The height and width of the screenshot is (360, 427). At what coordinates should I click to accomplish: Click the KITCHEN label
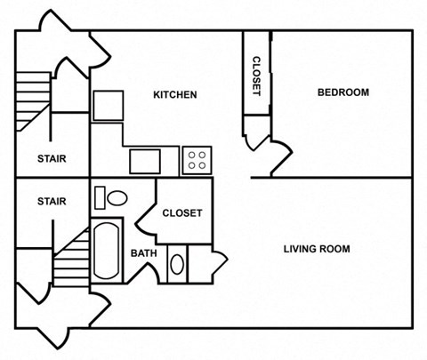pyautogui.click(x=174, y=95)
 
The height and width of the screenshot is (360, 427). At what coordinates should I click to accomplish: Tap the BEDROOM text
pyautogui.click(x=342, y=92)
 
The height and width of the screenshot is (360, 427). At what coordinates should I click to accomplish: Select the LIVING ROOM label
pyautogui.click(x=316, y=249)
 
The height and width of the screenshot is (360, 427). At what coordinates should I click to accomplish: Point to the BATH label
pyautogui.click(x=143, y=253)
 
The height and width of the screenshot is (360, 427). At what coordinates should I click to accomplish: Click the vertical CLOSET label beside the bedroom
pyautogui.click(x=256, y=76)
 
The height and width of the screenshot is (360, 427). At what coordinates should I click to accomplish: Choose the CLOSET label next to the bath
pyautogui.click(x=181, y=213)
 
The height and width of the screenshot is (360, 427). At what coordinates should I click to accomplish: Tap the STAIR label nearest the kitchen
pyautogui.click(x=51, y=160)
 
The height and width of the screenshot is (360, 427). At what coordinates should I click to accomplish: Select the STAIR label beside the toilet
pyautogui.click(x=51, y=202)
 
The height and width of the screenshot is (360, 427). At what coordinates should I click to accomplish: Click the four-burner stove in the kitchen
pyautogui.click(x=197, y=161)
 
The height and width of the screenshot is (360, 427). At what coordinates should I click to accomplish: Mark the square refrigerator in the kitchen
pyautogui.click(x=107, y=105)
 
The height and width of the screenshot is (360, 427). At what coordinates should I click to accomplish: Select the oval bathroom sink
pyautogui.click(x=176, y=265)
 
